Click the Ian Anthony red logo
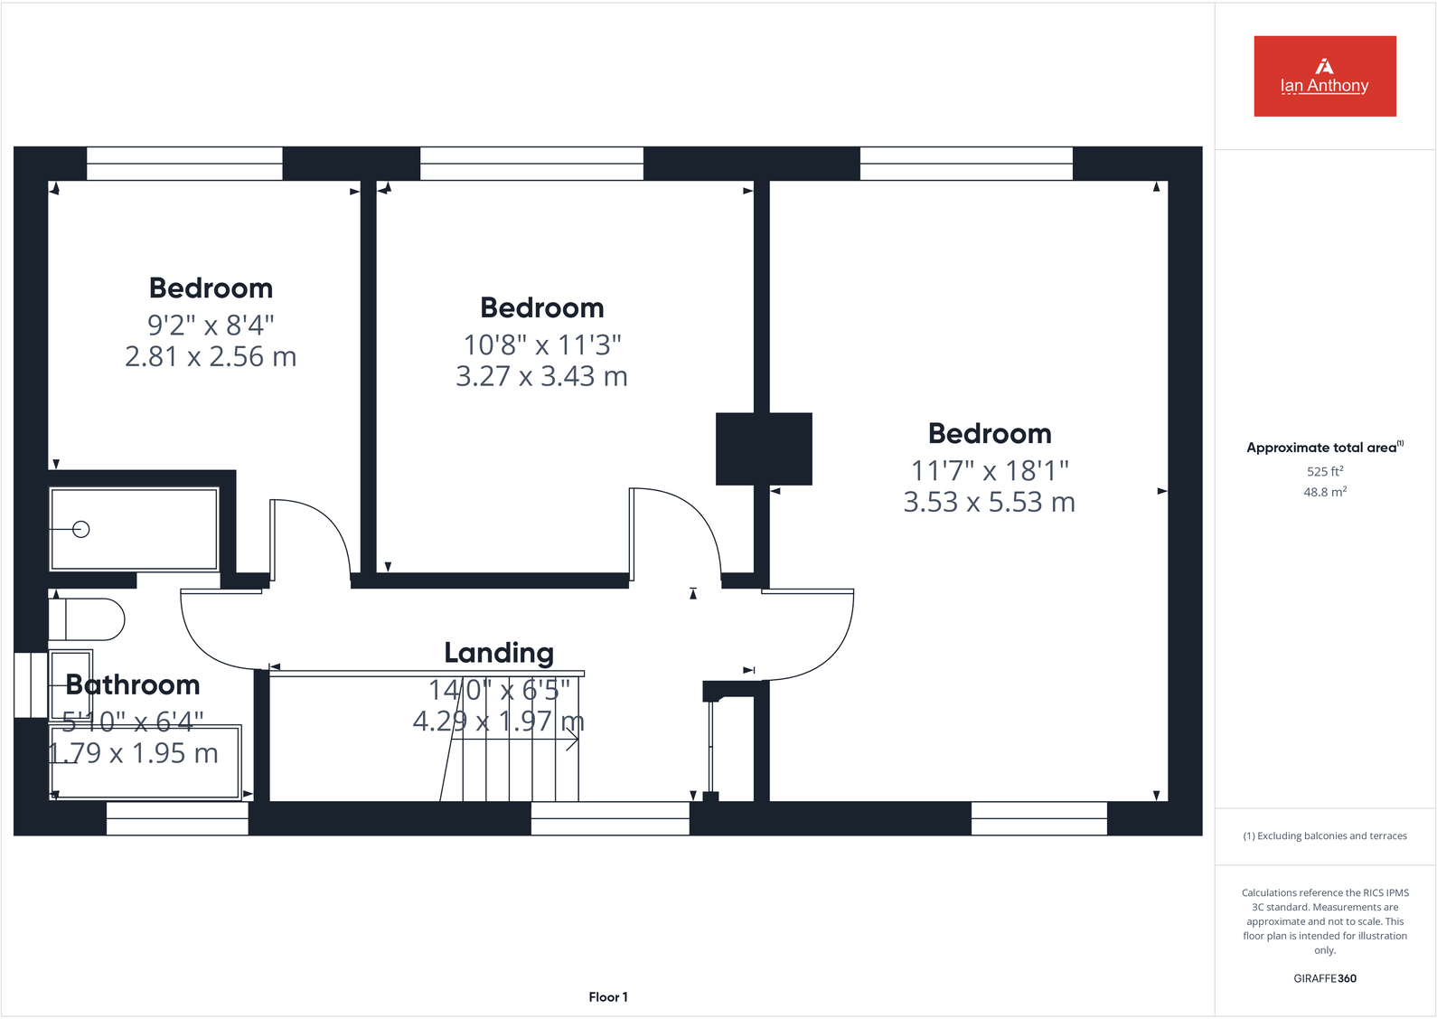click(1324, 76)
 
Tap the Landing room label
click(499, 653)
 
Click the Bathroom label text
click(133, 685)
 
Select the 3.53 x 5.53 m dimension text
click(990, 503)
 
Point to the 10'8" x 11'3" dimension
click(542, 344)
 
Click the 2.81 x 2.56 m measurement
click(211, 357)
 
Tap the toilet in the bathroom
click(89, 619)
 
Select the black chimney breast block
click(764, 448)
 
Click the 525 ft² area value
click(1324, 471)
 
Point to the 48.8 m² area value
click(1324, 493)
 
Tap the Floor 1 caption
click(608, 997)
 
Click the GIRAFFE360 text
click(1324, 978)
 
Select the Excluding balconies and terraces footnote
click(1324, 836)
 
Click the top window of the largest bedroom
click(966, 164)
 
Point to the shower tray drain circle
click(81, 530)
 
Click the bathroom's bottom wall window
click(177, 818)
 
